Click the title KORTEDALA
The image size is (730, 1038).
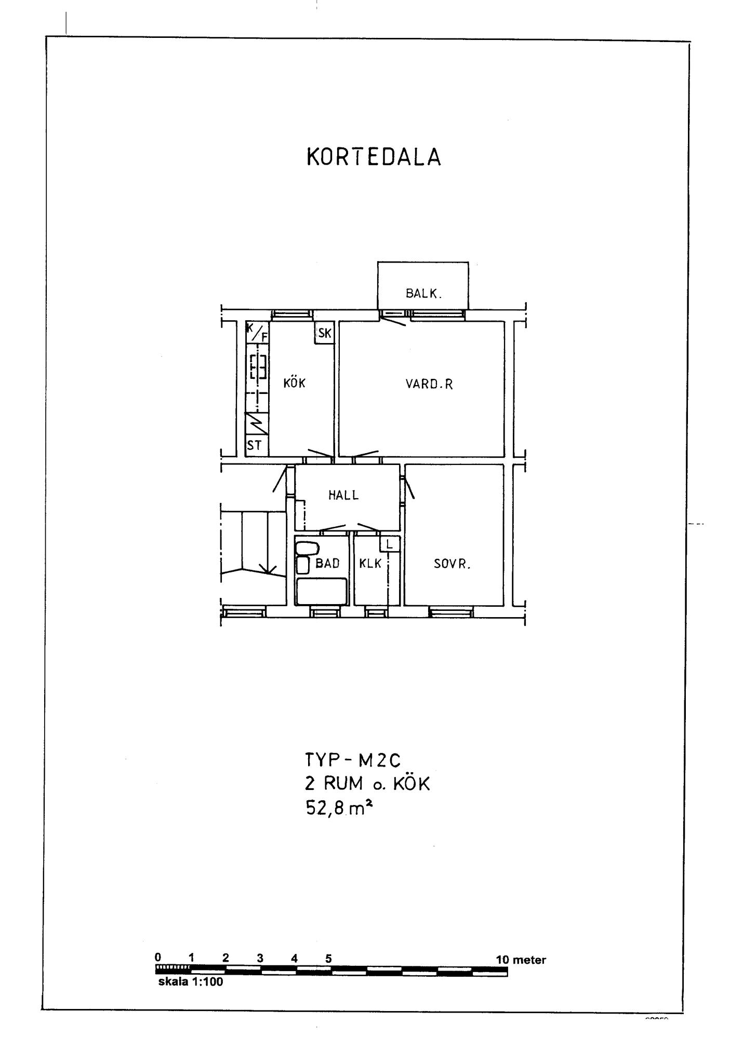374,157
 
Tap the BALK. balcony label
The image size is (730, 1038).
423,294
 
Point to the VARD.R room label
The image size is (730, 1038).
429,384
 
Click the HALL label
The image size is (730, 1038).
343,495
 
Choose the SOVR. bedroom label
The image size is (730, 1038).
452,564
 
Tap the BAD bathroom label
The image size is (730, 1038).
327,563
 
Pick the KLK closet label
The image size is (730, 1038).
370,563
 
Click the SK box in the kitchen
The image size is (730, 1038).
324,333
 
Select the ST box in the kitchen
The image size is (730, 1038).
257,445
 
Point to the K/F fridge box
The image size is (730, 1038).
257,332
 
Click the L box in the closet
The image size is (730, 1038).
390,544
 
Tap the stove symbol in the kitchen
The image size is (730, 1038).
258,366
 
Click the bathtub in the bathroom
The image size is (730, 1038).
321,591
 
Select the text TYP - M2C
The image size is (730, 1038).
353,761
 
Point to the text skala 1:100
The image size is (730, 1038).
190,982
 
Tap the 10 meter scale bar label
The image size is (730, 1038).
521,960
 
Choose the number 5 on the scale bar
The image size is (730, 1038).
328,959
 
